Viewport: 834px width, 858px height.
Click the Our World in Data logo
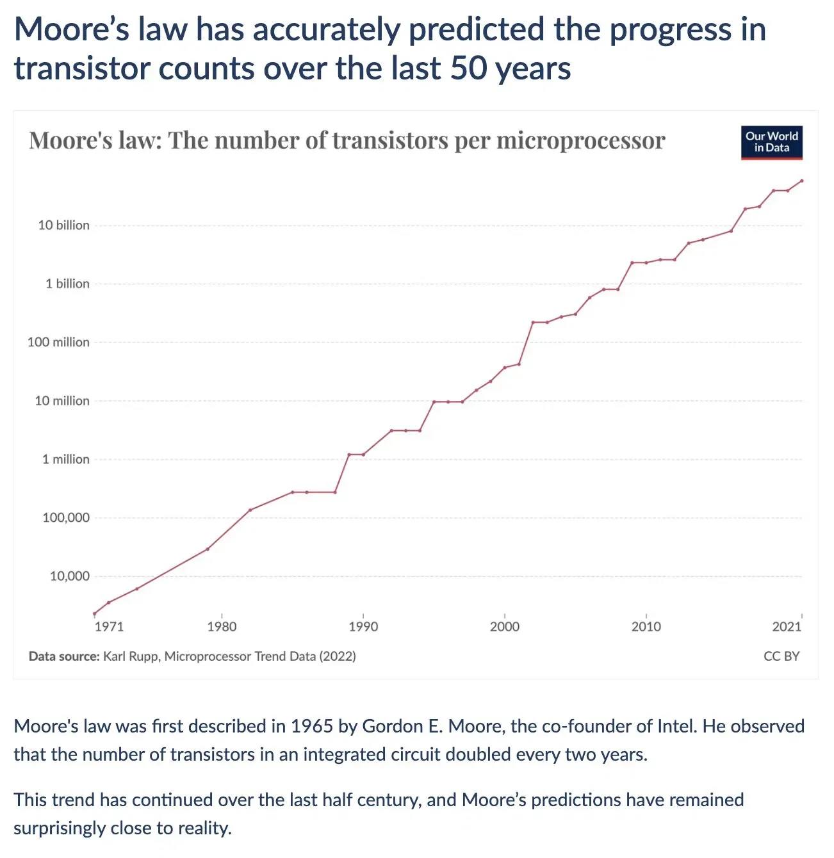771,142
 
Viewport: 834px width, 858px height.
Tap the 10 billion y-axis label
63,225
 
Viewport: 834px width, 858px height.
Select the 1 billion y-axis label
67,284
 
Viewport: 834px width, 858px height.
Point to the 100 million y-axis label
58,343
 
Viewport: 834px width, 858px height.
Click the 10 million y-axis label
62,401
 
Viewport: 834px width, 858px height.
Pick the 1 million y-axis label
66,460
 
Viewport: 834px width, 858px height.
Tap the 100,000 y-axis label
66,518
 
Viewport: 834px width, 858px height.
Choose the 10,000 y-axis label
70,576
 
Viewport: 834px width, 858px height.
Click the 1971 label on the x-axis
109,627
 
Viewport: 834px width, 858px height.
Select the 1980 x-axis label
222,627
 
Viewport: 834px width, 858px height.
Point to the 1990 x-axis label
363,627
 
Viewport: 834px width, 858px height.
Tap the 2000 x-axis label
505,627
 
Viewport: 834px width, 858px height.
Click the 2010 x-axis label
646,627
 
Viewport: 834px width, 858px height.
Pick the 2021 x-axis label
787,627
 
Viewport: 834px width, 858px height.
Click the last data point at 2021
801,181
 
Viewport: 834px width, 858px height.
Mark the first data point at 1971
95,613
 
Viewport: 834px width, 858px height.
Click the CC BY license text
781,656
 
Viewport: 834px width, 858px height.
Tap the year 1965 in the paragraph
312,726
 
